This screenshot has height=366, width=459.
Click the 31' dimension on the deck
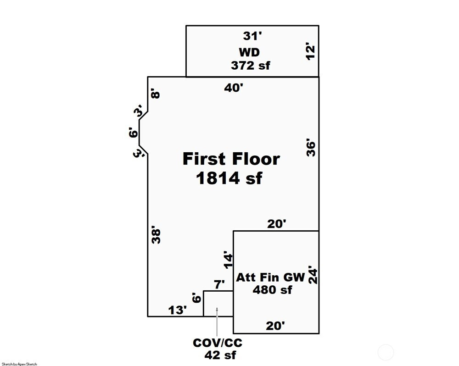252,35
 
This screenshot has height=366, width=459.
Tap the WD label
249,51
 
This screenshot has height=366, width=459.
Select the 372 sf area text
250,65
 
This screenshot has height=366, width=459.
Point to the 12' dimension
311,52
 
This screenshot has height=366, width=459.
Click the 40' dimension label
234,88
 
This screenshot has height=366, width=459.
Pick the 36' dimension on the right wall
311,148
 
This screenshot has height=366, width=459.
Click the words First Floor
231,159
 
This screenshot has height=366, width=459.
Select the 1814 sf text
229,178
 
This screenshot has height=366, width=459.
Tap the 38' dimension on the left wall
156,235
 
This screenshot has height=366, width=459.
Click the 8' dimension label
156,95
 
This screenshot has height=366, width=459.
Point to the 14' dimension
228,259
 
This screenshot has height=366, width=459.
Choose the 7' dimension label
219,285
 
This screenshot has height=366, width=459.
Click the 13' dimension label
177,310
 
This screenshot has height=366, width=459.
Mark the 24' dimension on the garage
312,275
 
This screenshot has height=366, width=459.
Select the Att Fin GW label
270,277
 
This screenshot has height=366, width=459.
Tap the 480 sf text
272,290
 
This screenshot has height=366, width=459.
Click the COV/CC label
218,343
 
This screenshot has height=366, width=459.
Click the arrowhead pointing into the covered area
217,310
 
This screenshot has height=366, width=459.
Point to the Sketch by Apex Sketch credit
19,364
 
